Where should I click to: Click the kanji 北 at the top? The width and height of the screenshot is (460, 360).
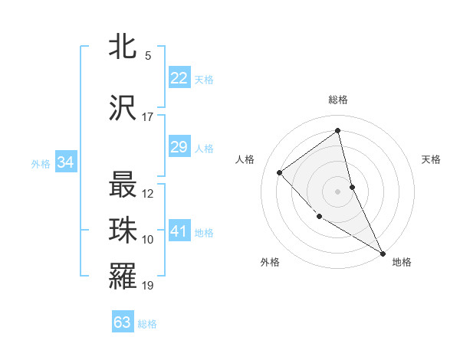pyautogui.click(x=123, y=47)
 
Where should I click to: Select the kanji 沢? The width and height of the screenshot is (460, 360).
pyautogui.click(x=123, y=108)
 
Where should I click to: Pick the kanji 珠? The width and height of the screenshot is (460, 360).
pyautogui.click(x=123, y=231)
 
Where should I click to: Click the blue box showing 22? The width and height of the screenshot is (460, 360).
pyautogui.click(x=179, y=78)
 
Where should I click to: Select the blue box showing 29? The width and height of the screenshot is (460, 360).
pyautogui.click(x=179, y=147)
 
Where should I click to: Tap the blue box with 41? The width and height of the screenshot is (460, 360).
pyautogui.click(x=179, y=231)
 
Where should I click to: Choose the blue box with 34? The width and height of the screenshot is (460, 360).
pyautogui.click(x=66, y=162)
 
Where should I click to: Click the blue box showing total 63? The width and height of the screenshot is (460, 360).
pyautogui.click(x=123, y=322)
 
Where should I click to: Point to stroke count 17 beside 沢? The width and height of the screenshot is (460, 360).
pyautogui.click(x=147, y=117)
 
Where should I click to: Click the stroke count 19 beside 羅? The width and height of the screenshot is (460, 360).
pyautogui.click(x=148, y=286)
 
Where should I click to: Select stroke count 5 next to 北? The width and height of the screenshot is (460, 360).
pyautogui.click(x=147, y=56)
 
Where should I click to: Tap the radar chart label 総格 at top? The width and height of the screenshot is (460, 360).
pyautogui.click(x=337, y=100)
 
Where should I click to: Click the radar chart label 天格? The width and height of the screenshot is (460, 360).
pyautogui.click(x=431, y=159)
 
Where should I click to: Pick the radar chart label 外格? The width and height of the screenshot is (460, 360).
pyautogui.click(x=269, y=262)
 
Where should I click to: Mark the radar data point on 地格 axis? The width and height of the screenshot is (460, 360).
pyautogui.click(x=383, y=254)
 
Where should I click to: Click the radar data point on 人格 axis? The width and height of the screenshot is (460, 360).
pyautogui.click(x=280, y=172)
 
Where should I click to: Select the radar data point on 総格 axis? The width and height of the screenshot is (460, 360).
pyautogui.click(x=337, y=131)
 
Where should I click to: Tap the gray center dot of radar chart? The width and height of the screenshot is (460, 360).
pyautogui.click(x=337, y=191)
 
